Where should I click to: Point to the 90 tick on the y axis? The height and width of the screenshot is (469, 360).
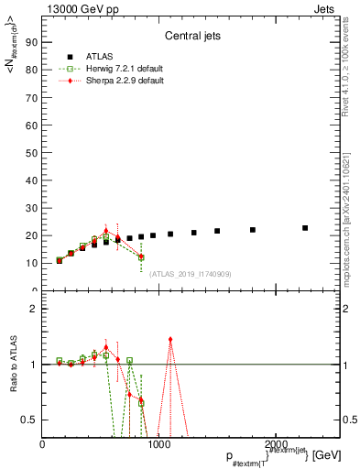32,42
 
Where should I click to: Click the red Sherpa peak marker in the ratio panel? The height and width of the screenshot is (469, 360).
170,340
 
